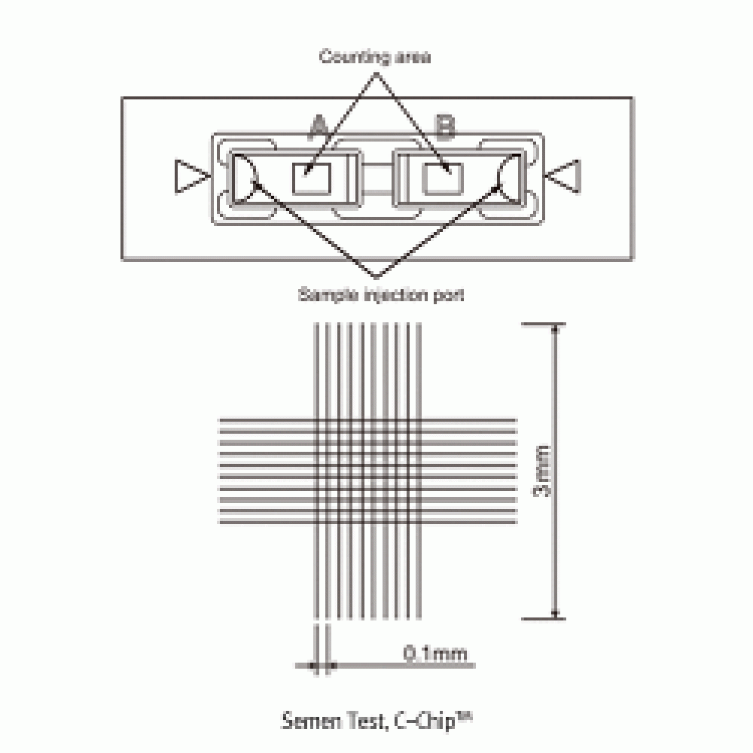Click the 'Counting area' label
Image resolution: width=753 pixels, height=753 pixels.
[x=375, y=57]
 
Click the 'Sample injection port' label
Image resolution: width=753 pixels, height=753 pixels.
[x=381, y=294]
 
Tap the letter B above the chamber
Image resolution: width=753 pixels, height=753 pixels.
[x=446, y=129]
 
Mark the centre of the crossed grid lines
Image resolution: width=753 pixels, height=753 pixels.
[x=367, y=471]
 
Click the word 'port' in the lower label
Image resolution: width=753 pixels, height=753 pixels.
[x=450, y=294]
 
